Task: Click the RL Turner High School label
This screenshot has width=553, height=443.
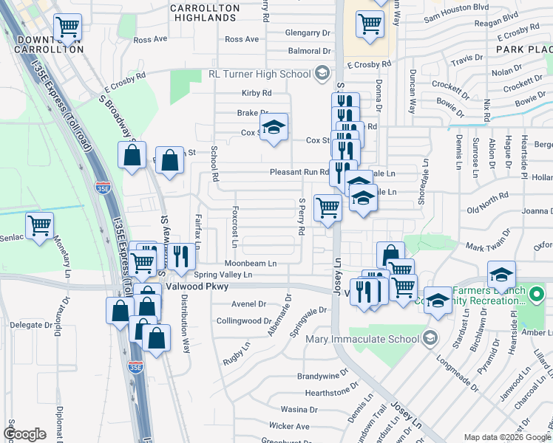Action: pyautogui.click(x=259, y=74)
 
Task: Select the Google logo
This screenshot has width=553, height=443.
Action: pyautogui.click(x=24, y=434)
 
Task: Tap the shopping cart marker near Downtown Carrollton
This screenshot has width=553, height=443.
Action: pyautogui.click(x=67, y=28)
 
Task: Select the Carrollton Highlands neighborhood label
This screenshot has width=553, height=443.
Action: pyautogui.click(x=205, y=13)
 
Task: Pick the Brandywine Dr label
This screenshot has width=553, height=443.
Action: pyautogui.click(x=317, y=377)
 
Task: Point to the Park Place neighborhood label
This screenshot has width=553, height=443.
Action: pyautogui.click(x=524, y=49)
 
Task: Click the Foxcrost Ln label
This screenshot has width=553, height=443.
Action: pyautogui.click(x=234, y=227)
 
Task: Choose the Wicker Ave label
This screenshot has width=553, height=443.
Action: pyautogui.click(x=289, y=426)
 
